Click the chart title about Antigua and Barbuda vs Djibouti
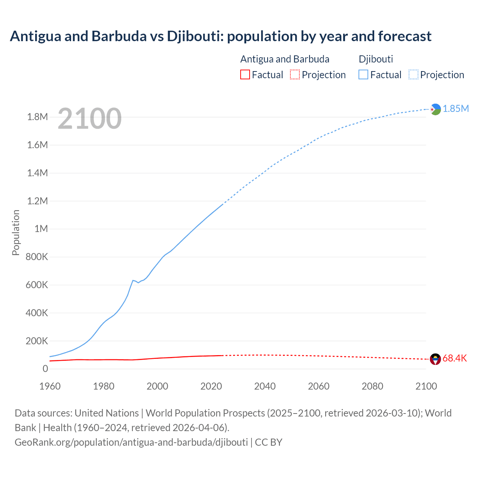click(x=220, y=36)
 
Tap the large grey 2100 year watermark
click(x=89, y=119)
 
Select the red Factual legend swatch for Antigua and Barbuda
click(x=245, y=75)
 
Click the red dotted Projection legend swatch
click(x=295, y=75)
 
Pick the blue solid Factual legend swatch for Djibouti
click(x=363, y=75)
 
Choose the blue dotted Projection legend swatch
click(x=413, y=75)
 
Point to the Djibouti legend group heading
click(x=376, y=59)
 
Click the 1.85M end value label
click(x=455, y=109)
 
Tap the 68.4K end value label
click(x=454, y=359)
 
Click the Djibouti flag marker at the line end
click(x=435, y=109)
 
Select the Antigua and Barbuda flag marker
click(x=435, y=359)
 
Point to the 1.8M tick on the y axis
click(x=37, y=117)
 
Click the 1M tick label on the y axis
click(x=41, y=229)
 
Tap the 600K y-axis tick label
click(x=37, y=285)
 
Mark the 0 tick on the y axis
click(x=45, y=369)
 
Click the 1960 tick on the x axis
click(x=50, y=386)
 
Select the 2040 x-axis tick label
click(x=265, y=386)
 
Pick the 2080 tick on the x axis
click(x=372, y=386)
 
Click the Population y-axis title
click(x=16, y=232)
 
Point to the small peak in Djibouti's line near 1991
click(x=133, y=280)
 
